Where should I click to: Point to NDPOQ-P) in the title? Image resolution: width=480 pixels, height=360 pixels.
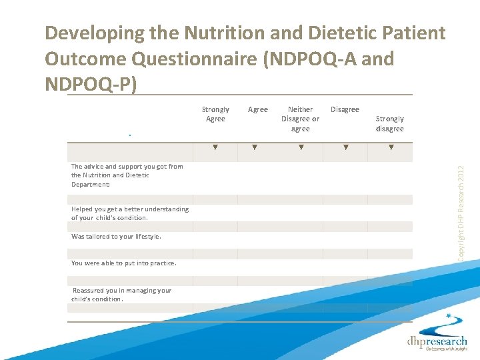point(90,85)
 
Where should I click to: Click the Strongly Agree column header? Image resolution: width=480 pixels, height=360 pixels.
point(215,114)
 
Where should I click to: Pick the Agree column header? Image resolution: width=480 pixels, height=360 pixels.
point(257,109)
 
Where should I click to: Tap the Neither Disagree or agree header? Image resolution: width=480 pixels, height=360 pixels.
point(300,119)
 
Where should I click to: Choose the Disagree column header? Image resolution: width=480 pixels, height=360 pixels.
point(345,109)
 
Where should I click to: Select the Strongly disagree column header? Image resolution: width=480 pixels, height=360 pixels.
point(390,123)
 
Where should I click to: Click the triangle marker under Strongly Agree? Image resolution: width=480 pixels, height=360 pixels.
point(215,147)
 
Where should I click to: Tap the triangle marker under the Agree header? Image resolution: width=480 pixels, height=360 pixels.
point(254,147)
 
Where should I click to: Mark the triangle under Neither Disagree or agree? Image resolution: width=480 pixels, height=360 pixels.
point(300,147)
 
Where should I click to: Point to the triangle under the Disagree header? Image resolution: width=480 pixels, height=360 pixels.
point(345,147)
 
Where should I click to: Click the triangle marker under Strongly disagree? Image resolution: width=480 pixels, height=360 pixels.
point(391,147)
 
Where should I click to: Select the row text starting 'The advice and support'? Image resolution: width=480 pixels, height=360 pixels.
point(127,175)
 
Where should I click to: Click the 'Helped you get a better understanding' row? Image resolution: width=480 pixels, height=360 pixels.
point(129,213)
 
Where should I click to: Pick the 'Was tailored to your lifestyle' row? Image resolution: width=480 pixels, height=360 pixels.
point(116,236)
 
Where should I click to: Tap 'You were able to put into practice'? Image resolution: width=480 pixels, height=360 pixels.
point(123,263)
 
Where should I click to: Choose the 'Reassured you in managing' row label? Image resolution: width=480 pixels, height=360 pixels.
point(121,295)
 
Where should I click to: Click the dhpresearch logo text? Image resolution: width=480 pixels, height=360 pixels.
point(437,341)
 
